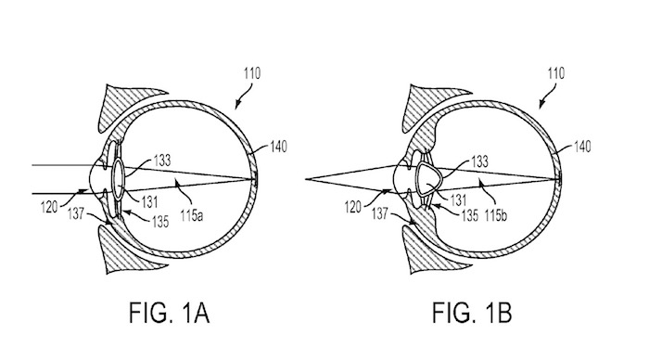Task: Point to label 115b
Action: point(496,214)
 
